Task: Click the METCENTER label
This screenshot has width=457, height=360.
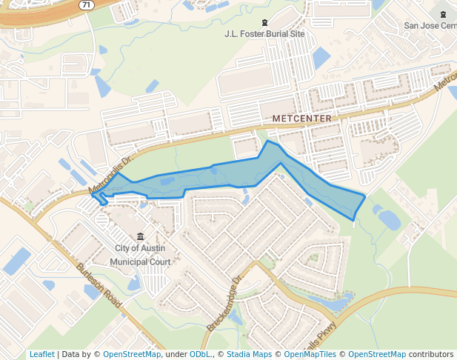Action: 301,119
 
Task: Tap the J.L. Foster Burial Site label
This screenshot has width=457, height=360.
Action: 265,34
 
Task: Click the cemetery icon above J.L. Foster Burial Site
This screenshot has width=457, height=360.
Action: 265,23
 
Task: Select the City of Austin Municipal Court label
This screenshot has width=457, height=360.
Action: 140,255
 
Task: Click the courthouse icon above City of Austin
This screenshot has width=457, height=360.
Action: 140,236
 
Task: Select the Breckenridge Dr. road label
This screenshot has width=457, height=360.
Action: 225,304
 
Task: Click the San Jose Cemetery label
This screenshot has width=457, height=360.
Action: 430,25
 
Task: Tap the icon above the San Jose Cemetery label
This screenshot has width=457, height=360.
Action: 443,13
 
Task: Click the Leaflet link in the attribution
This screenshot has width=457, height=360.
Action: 41,354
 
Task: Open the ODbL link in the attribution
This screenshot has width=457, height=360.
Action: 200,354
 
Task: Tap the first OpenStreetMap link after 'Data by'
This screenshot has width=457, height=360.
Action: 132,354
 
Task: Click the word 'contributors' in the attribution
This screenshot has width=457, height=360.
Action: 431,354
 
